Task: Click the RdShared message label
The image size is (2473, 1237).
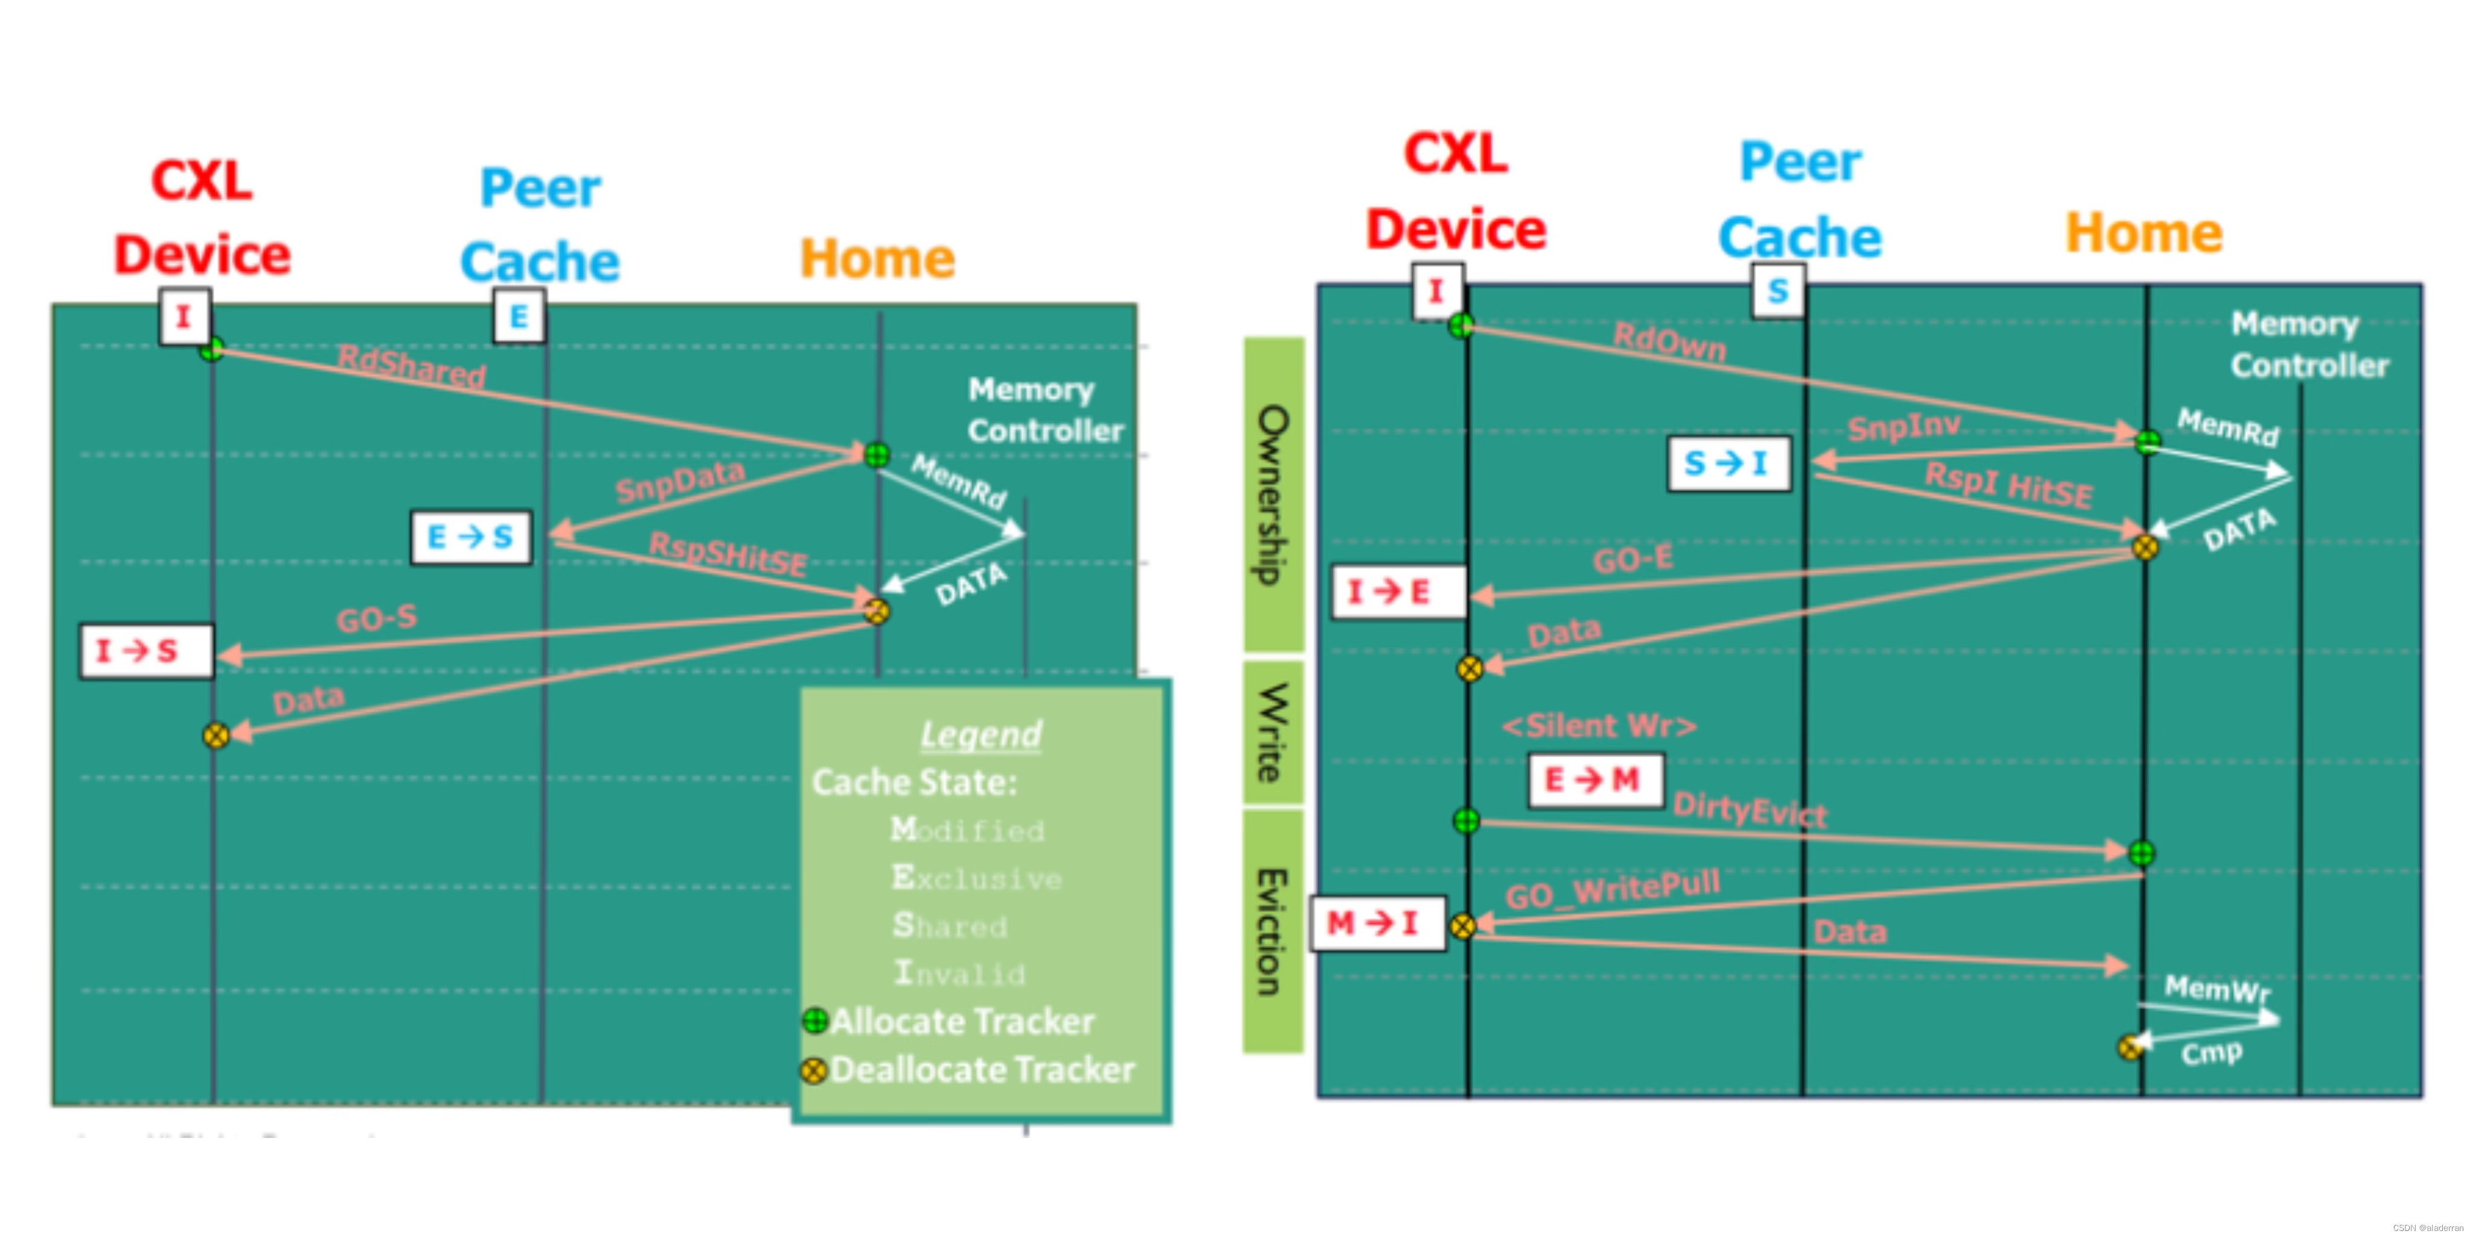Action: tap(411, 366)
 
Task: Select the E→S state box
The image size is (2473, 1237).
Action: tap(470, 537)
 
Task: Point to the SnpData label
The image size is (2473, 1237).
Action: tap(680, 481)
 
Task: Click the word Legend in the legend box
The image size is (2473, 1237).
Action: tap(980, 734)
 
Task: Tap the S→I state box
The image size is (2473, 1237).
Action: tap(1728, 464)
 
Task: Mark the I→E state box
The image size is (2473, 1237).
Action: tap(1397, 591)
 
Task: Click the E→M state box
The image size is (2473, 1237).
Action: tap(1595, 780)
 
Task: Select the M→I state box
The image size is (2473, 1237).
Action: tap(1377, 924)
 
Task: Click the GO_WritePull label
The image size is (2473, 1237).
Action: tap(1613, 889)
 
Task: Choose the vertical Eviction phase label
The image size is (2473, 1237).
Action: tap(1273, 931)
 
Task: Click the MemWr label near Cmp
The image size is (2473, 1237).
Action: tap(2216, 988)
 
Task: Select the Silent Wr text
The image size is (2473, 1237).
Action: tap(1599, 726)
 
